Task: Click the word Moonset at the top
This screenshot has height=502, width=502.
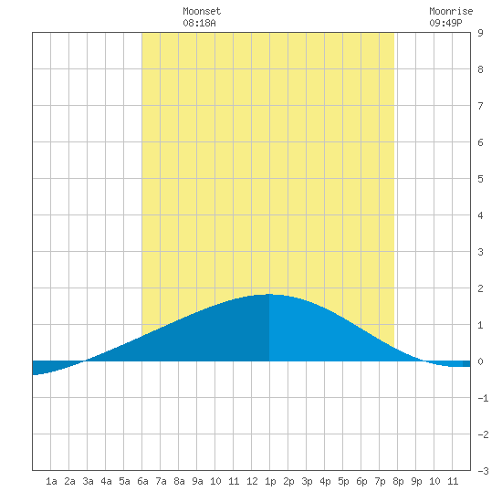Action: [202, 11]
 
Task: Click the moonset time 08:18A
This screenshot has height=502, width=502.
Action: [199, 23]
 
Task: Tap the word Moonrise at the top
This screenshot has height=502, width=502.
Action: [451, 11]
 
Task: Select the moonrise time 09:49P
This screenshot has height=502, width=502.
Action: [445, 23]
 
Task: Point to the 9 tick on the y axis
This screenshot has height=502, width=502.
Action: [480, 33]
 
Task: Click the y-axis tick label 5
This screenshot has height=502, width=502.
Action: [480, 179]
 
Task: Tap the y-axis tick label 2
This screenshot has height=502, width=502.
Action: [480, 288]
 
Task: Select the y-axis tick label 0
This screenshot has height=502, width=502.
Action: [480, 361]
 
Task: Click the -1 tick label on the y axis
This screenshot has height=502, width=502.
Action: [483, 398]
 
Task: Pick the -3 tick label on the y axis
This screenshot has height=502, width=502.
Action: [483, 471]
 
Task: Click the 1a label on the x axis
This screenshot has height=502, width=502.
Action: [51, 481]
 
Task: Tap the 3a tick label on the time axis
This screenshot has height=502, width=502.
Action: [88, 481]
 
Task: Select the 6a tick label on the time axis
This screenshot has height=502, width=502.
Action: [142, 481]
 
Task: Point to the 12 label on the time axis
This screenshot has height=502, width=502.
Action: [252, 481]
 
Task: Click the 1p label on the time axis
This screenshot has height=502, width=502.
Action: [270, 481]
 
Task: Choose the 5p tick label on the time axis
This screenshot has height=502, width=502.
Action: [343, 481]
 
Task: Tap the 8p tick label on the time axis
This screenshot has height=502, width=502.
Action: [398, 481]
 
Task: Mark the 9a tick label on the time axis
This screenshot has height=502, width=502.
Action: [197, 481]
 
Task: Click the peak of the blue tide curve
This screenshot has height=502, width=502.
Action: [269, 294]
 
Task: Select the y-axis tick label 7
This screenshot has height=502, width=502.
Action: [480, 106]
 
